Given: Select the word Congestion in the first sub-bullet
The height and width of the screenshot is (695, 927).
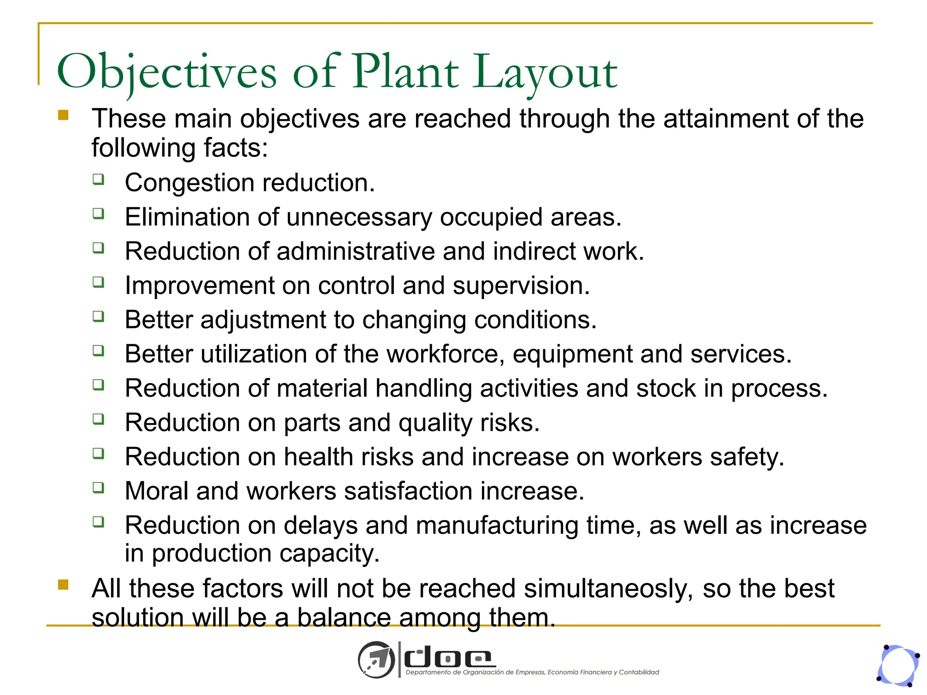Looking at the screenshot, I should [189, 183].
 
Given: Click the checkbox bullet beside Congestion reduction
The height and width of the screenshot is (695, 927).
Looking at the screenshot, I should [99, 179].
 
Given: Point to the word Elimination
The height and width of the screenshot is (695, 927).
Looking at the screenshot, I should [187, 217].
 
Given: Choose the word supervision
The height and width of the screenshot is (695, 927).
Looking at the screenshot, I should [521, 286].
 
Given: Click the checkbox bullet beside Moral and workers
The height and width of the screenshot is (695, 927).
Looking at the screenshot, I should [99, 487].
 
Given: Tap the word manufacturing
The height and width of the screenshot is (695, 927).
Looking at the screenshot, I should [497, 526].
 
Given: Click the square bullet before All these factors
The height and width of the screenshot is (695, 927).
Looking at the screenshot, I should [63, 585].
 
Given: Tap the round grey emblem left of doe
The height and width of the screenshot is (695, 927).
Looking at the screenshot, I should [376, 660].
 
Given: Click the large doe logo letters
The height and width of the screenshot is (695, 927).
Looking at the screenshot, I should [448, 659].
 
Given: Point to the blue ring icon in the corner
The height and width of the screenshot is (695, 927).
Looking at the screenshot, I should [898, 666].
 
